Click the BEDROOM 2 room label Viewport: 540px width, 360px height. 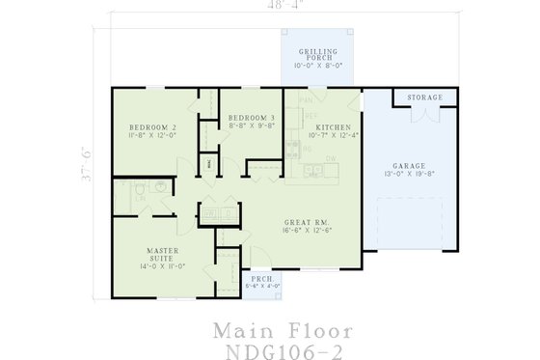pyautogui.click(x=153, y=127)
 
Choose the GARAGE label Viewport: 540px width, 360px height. pyautogui.click(x=409, y=165)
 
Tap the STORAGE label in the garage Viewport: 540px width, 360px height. pyautogui.click(x=424, y=97)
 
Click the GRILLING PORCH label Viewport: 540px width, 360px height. pyautogui.click(x=317, y=54)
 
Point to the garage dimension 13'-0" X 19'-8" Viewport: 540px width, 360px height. pyautogui.click(x=409, y=175)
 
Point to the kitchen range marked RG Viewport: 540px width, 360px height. pyautogui.click(x=307, y=149)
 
